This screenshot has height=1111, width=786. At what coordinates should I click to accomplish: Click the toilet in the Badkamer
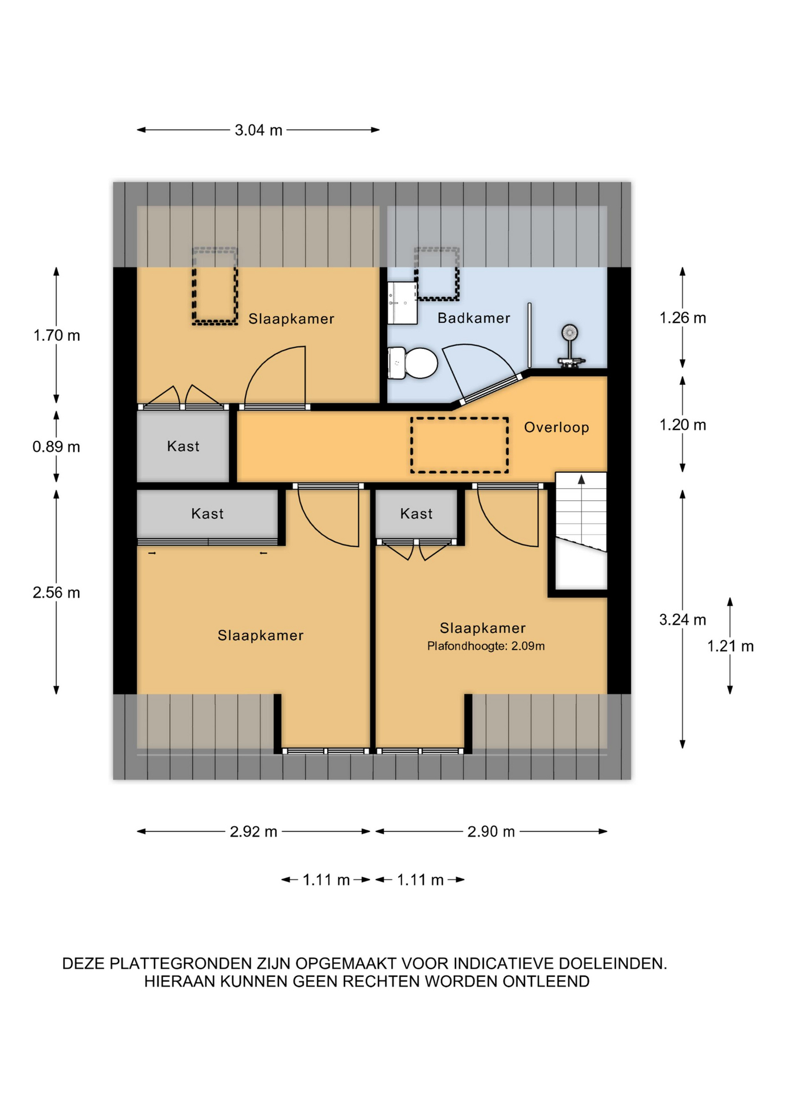click(x=412, y=363)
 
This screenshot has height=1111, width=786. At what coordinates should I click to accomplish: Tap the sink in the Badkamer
click(x=402, y=303)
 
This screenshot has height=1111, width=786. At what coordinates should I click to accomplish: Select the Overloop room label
click(x=556, y=427)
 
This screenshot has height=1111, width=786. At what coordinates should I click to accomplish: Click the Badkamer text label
click(x=473, y=318)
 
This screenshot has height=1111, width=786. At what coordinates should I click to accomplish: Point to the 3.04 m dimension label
click(x=258, y=130)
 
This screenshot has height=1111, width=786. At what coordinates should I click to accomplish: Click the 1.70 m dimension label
click(x=56, y=335)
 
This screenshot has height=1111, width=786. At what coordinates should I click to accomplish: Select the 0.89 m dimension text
click(x=56, y=446)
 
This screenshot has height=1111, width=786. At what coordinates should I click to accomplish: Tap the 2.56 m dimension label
click(x=56, y=592)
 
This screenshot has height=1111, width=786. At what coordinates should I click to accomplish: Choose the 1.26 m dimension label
click(x=682, y=318)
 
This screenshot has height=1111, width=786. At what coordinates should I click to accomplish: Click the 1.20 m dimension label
click(x=682, y=425)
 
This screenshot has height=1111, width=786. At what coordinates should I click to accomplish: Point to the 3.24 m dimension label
click(x=682, y=620)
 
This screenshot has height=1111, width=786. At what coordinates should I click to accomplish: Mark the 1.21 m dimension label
click(x=730, y=646)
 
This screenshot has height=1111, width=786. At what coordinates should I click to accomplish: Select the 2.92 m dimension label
click(x=254, y=832)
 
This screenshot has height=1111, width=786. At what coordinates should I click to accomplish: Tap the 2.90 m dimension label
click(x=491, y=832)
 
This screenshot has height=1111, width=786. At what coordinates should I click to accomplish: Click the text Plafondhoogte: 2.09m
click(x=486, y=646)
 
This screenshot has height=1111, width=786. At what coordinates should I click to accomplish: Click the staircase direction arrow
click(x=581, y=479)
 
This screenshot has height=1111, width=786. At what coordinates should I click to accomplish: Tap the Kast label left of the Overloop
click(x=183, y=446)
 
